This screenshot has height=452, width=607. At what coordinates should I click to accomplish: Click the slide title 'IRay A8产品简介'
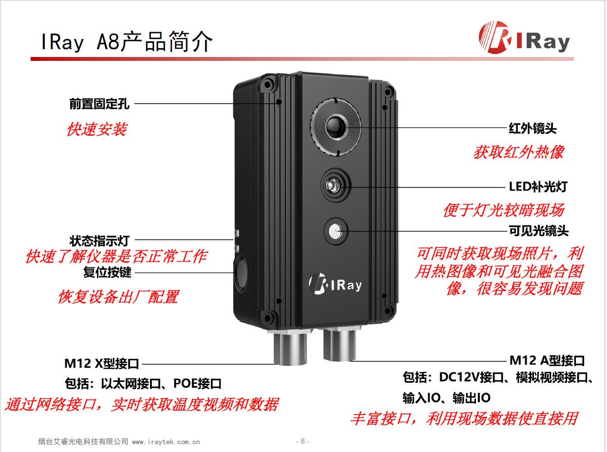click(127, 42)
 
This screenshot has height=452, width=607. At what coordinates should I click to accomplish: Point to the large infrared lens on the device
click(336, 127)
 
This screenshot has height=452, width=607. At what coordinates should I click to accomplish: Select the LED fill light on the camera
click(336, 185)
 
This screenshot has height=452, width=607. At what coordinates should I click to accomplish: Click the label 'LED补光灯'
click(538, 187)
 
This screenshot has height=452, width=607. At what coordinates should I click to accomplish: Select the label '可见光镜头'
click(538, 230)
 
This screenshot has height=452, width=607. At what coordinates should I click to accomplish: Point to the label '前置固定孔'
click(99, 104)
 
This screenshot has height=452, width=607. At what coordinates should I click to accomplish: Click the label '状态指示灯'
click(99, 240)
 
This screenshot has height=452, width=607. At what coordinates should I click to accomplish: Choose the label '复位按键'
click(107, 272)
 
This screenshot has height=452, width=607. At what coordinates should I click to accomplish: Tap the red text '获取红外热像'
click(518, 152)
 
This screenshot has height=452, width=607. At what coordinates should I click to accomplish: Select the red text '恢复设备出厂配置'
click(118, 297)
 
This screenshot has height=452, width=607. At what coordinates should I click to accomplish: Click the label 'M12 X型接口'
click(102, 363)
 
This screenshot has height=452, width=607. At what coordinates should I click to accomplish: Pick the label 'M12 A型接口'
click(547, 361)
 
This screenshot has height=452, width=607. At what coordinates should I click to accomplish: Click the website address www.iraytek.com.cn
click(166, 442)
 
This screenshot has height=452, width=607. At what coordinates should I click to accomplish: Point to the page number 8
click(303, 441)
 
